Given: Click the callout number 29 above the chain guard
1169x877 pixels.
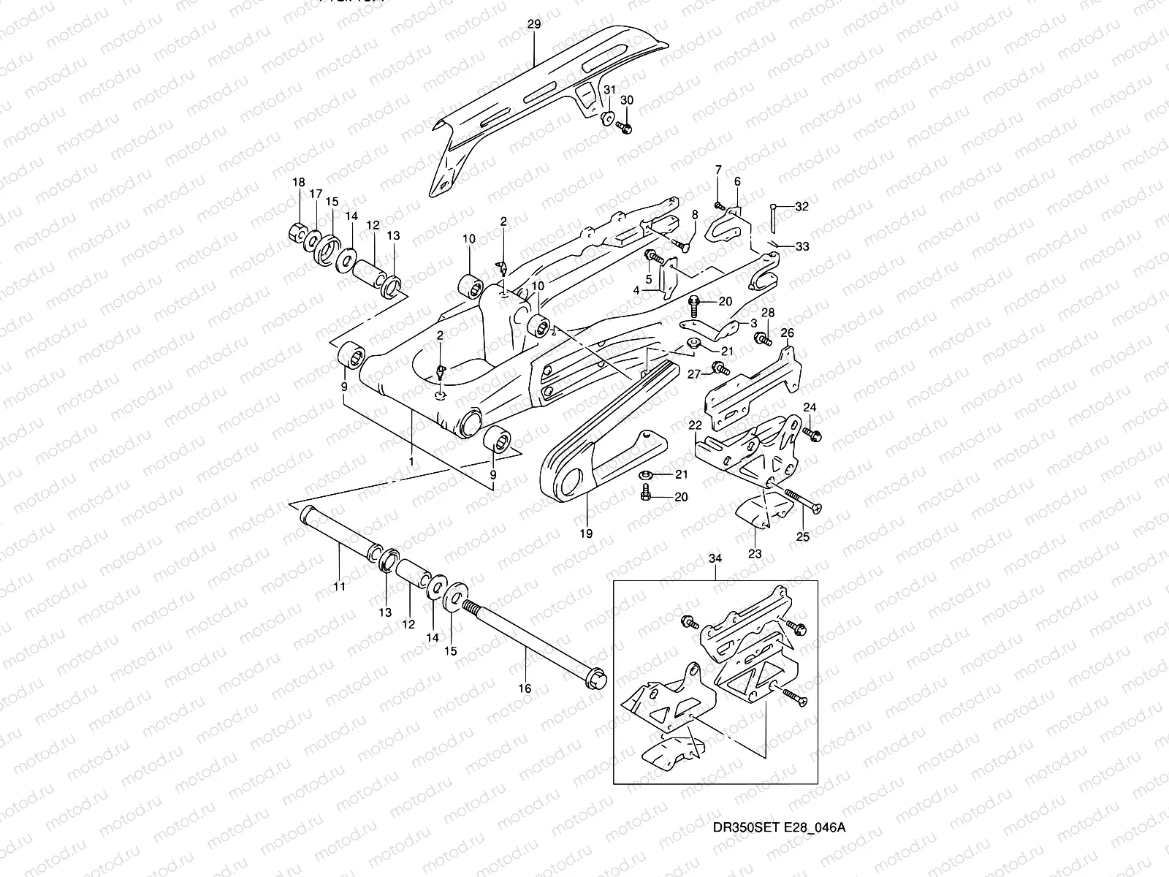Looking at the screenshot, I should point(533,24).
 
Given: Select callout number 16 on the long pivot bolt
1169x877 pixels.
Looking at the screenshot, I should point(525,688).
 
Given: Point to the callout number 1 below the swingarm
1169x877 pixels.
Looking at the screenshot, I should point(411,462).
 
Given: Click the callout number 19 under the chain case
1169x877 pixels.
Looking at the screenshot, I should point(586,534).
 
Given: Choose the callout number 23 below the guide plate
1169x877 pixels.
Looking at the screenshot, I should point(755,554).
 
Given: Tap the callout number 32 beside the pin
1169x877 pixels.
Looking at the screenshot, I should point(802,207).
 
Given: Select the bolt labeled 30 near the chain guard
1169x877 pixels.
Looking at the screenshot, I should point(625,128).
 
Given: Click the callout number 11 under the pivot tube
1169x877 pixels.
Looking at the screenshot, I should point(340,586).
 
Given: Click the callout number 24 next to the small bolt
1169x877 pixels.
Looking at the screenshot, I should point(810,407).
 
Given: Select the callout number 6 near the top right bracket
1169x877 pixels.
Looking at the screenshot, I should point(736,181).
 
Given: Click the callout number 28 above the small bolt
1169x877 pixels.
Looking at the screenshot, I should point(768,313).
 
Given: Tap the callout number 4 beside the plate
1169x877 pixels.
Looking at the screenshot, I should point(636,290).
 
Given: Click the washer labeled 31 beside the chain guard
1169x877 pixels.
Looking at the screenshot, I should point(607,119).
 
